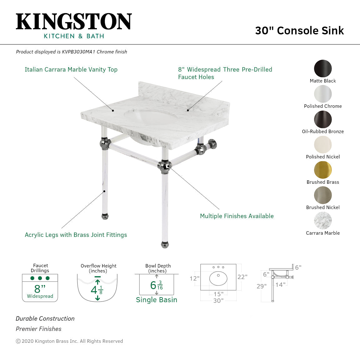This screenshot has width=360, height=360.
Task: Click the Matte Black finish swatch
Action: coord(323,68)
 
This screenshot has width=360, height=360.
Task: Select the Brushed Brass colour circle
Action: coord(323,170)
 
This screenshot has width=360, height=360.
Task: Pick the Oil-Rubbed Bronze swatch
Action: coord(323,119)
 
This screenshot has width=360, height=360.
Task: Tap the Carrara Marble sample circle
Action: coord(323,221)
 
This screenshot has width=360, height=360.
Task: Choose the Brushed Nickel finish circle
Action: coord(323,195)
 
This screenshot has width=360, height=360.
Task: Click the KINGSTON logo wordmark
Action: coord(74,22)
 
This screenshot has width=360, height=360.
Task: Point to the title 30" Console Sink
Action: coord(299,31)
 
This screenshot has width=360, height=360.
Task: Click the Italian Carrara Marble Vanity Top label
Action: coord(71,70)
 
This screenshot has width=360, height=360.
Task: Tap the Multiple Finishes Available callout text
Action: coord(237,216)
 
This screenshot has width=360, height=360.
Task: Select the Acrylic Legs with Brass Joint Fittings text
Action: coord(76,235)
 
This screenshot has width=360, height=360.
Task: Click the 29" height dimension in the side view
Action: coord(262,286)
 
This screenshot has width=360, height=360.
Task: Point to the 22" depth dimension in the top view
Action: coord(242,277)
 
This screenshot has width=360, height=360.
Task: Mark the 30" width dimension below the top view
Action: coord(218,301)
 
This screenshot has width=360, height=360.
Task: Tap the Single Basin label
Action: coord(156,300)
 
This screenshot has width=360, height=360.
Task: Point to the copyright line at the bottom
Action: coord(69,341)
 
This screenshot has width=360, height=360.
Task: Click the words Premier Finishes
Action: coord(38,329)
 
